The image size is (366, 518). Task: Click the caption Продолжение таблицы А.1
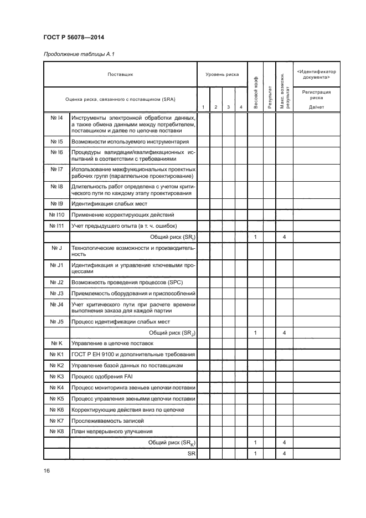(x=78, y=54)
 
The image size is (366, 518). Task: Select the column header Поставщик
(x=120, y=74)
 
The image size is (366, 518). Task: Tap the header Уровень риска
(x=222, y=74)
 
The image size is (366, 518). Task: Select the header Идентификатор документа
(x=316, y=74)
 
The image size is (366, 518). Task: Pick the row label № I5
(x=56, y=142)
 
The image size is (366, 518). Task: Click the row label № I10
(x=56, y=214)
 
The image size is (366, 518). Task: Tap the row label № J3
(x=56, y=293)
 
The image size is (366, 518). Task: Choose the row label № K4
(x=56, y=387)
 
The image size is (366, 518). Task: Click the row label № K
(x=56, y=343)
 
